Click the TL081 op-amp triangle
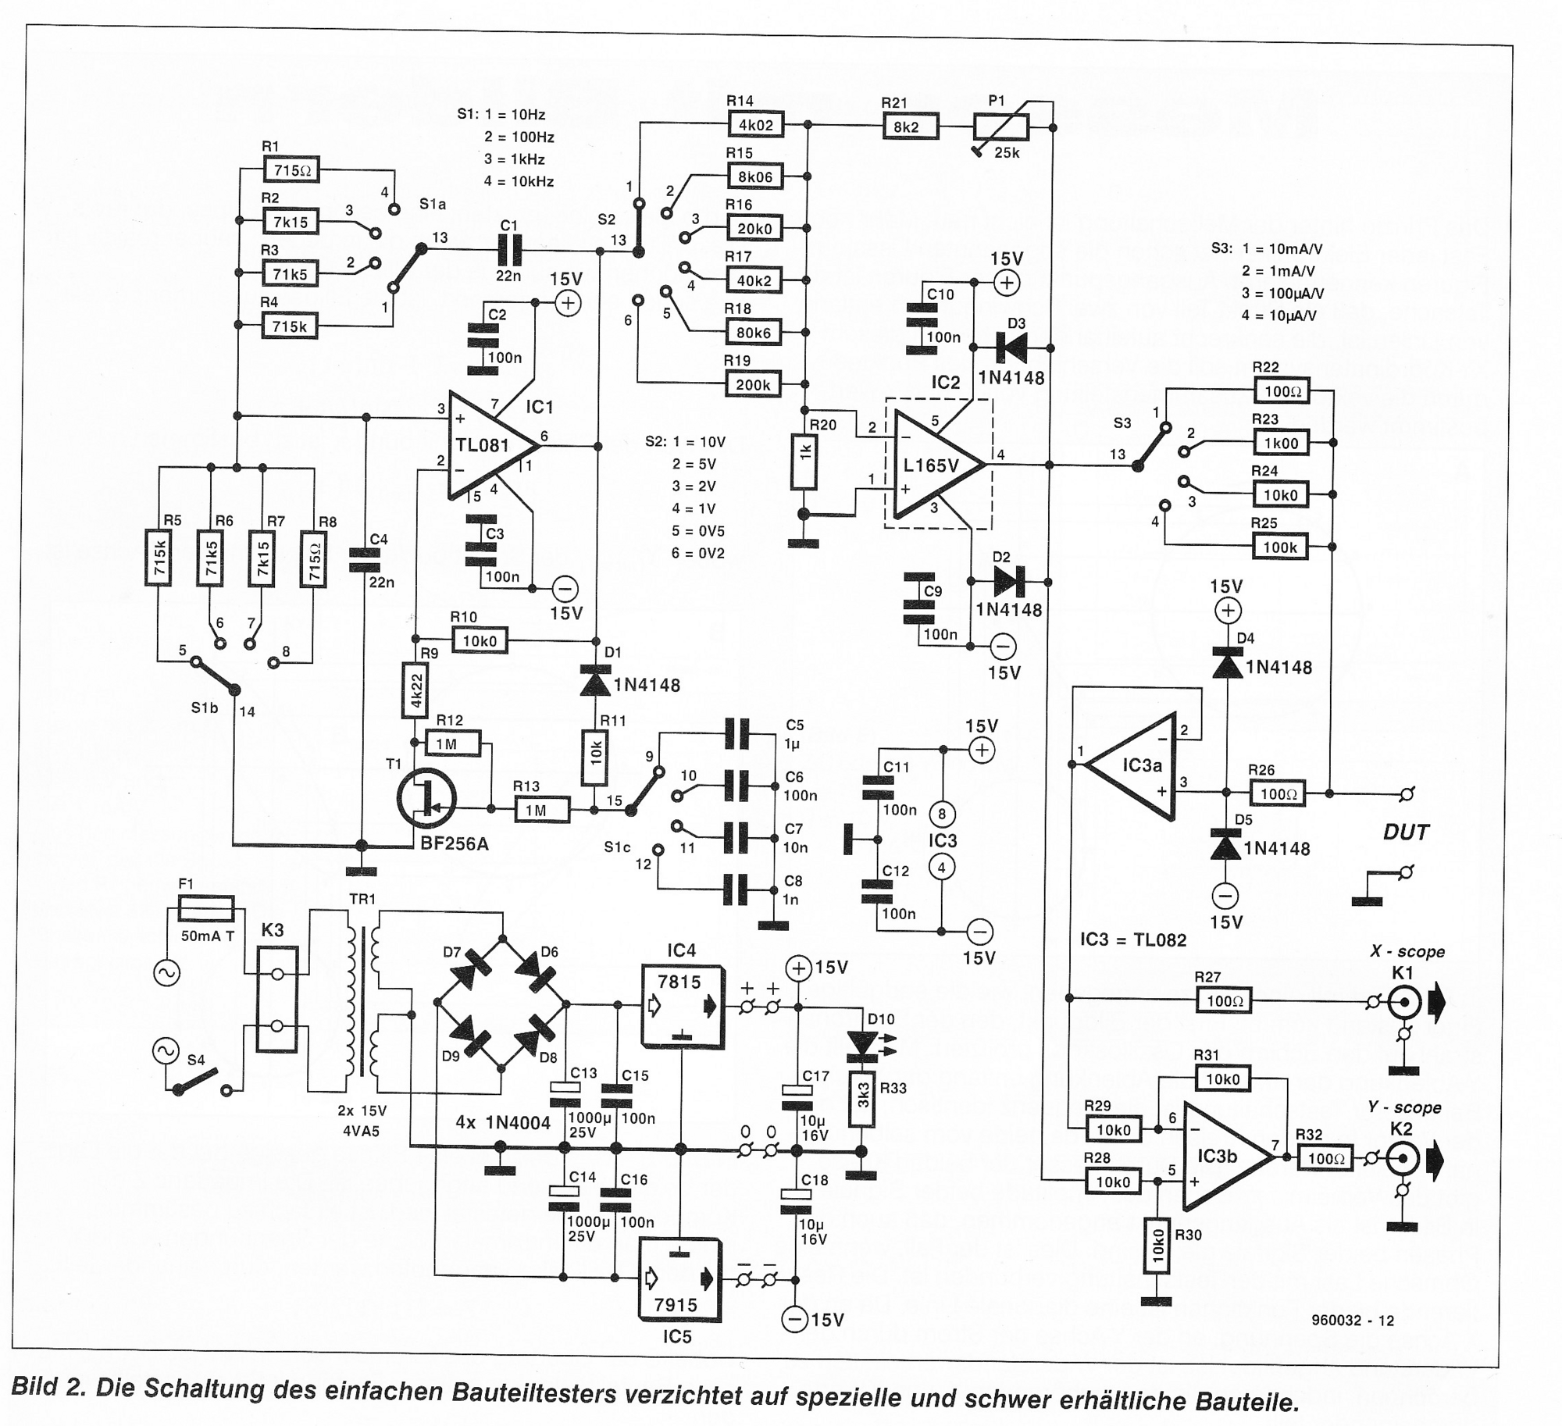[492, 445]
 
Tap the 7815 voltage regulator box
[682, 1005]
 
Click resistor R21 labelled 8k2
[911, 126]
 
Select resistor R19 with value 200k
[754, 384]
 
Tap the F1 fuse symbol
[206, 908]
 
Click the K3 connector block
[276, 1000]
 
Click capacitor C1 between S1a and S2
[509, 251]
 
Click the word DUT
[1406, 832]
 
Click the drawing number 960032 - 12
[1353, 1321]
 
